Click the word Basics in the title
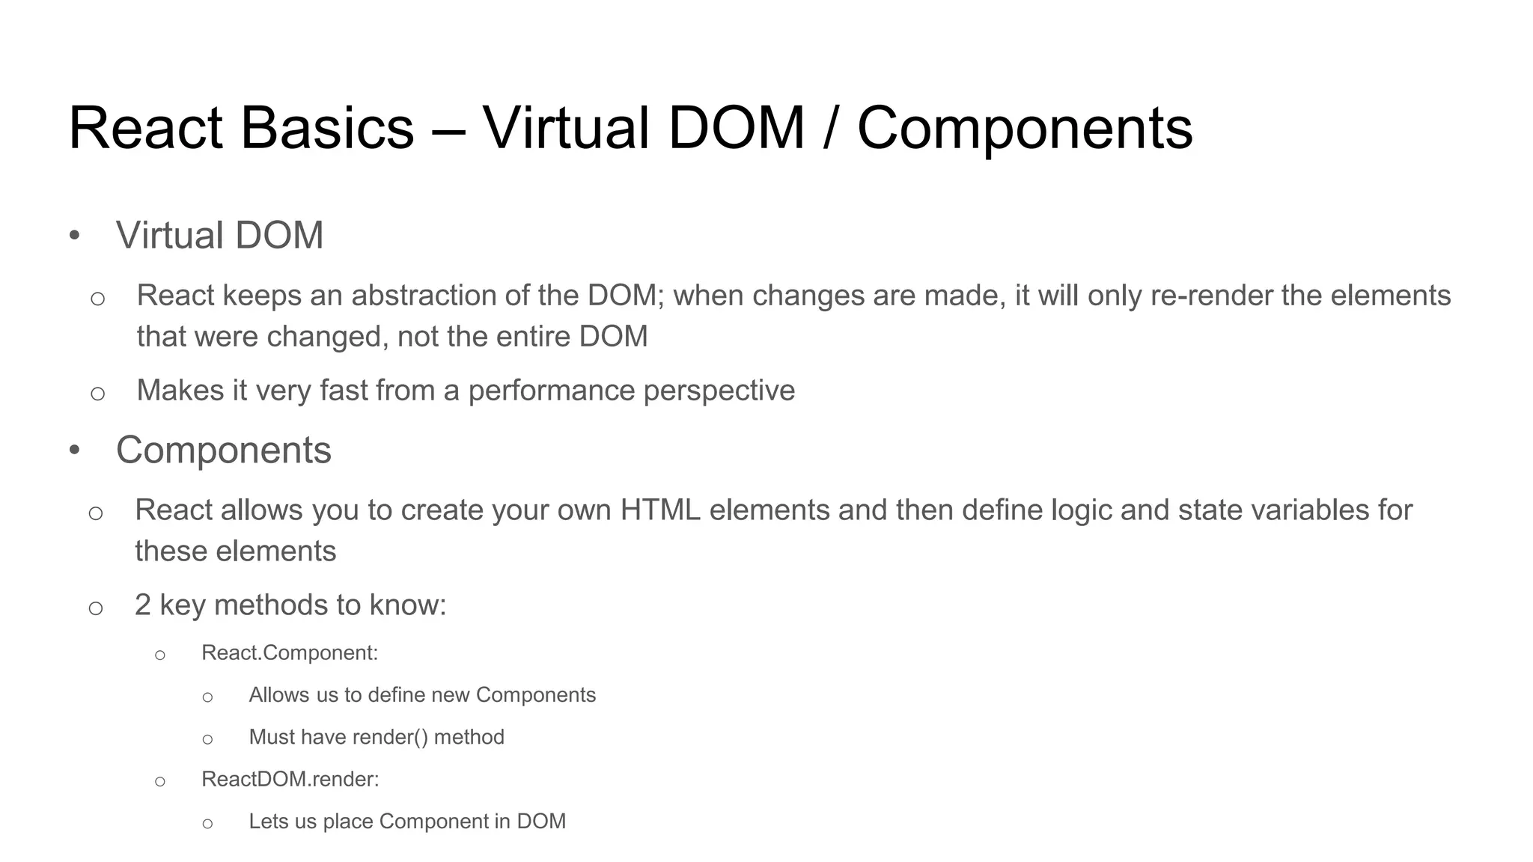coord(327,128)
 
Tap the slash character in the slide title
coord(829,128)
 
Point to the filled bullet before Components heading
coord(74,451)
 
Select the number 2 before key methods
coord(143,605)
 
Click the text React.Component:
coord(290,653)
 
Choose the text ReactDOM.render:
coord(290,780)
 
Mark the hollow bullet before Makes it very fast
coord(97,393)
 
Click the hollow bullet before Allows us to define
coord(207,697)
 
